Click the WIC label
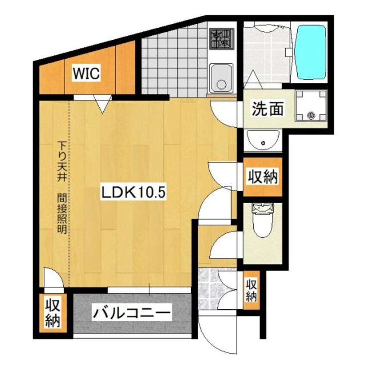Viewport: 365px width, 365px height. (86, 73)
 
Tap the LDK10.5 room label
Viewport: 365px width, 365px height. (133, 192)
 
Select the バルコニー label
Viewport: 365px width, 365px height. (132, 313)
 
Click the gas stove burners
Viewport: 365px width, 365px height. (222, 39)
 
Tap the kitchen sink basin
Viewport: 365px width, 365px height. (221, 78)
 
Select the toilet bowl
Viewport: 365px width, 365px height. (263, 220)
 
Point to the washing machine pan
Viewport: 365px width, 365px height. (311, 105)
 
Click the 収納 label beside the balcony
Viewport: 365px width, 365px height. (53, 313)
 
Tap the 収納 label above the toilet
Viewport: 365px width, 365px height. (263, 176)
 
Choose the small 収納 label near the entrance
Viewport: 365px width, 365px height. (252, 290)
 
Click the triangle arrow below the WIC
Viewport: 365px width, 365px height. (102, 104)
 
